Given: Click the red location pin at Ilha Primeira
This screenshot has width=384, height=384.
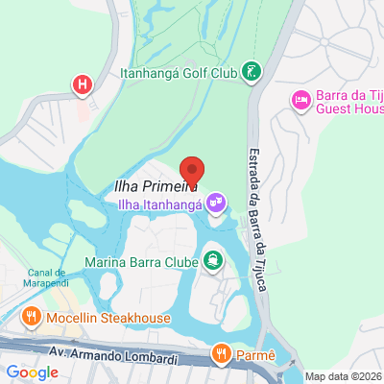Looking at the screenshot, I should (193, 171).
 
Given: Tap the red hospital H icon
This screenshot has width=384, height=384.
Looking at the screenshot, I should (84, 84).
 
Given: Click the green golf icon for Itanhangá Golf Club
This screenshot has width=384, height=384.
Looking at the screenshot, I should (252, 71).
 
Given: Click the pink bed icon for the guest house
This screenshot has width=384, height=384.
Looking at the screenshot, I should (300, 98).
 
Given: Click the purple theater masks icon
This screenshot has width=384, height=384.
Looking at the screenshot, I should (218, 203).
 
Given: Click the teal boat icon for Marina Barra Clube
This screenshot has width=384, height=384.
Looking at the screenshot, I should (211, 259).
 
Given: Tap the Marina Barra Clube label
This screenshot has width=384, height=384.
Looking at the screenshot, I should (141, 260).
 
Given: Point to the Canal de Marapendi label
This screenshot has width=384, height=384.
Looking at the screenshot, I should (33, 278).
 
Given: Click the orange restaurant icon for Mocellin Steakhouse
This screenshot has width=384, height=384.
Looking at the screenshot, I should (32, 318).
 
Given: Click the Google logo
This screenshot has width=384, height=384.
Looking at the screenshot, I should (32, 372).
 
